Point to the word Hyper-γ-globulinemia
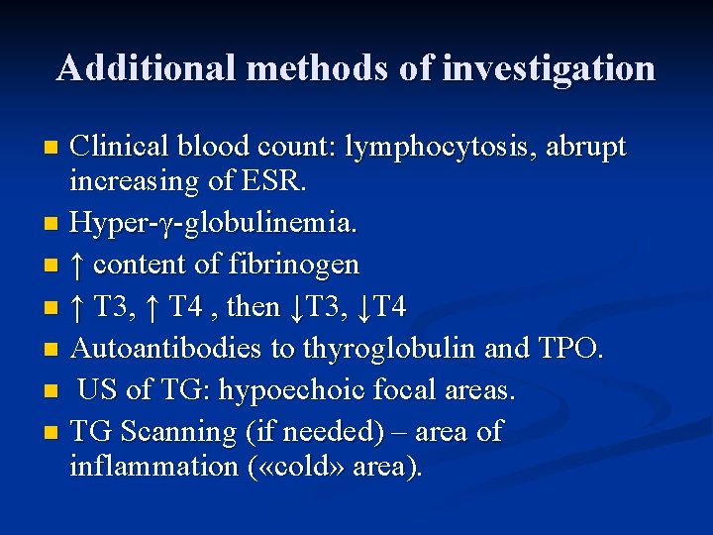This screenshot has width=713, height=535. click(213, 223)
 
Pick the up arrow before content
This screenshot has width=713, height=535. click(78, 265)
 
